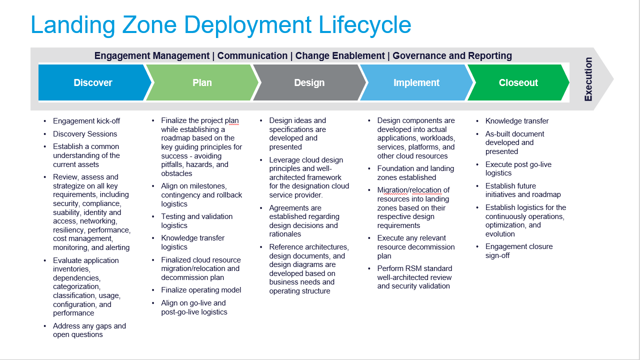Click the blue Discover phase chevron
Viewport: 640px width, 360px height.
pyautogui.click(x=93, y=83)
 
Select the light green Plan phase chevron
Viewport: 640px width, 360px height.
pyautogui.click(x=202, y=83)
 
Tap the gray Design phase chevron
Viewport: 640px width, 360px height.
pyautogui.click(x=309, y=83)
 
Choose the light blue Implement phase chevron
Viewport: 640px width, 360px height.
pyautogui.click(x=416, y=83)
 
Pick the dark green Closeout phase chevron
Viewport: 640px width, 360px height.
pyautogui.click(x=518, y=83)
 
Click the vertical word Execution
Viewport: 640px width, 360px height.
pyautogui.click(x=588, y=79)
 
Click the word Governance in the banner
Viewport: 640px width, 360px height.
pyautogui.click(x=419, y=55)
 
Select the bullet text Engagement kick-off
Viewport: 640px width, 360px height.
pyautogui.click(x=86, y=121)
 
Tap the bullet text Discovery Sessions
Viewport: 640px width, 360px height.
pyautogui.click(x=85, y=134)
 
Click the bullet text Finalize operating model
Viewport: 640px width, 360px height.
pyautogui.click(x=201, y=290)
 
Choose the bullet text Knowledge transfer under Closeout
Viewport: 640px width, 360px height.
pyautogui.click(x=517, y=121)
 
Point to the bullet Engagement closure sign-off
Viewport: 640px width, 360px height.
pyautogui.click(x=519, y=251)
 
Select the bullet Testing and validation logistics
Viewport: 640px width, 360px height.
pyautogui.click(x=196, y=221)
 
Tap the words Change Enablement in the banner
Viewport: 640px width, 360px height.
pyautogui.click(x=340, y=55)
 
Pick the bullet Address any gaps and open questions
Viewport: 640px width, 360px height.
pyautogui.click(x=89, y=330)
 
